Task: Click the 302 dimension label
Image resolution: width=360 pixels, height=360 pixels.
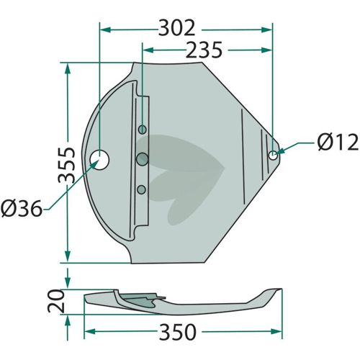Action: coord(176,28)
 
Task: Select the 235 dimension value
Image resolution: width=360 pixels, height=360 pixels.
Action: coord(204,50)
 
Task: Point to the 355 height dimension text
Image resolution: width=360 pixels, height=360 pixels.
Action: coord(67,165)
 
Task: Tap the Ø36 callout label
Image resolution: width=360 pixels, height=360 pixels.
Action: coord(22,208)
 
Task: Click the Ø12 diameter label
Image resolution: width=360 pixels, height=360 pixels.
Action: coord(338,143)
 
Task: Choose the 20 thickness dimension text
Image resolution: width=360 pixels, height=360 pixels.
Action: coord(55,301)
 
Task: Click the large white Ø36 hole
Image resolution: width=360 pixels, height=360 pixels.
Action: coord(99,160)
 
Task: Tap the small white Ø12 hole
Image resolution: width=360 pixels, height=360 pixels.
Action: coord(273,156)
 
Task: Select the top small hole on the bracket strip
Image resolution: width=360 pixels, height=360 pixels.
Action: coord(143,130)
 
